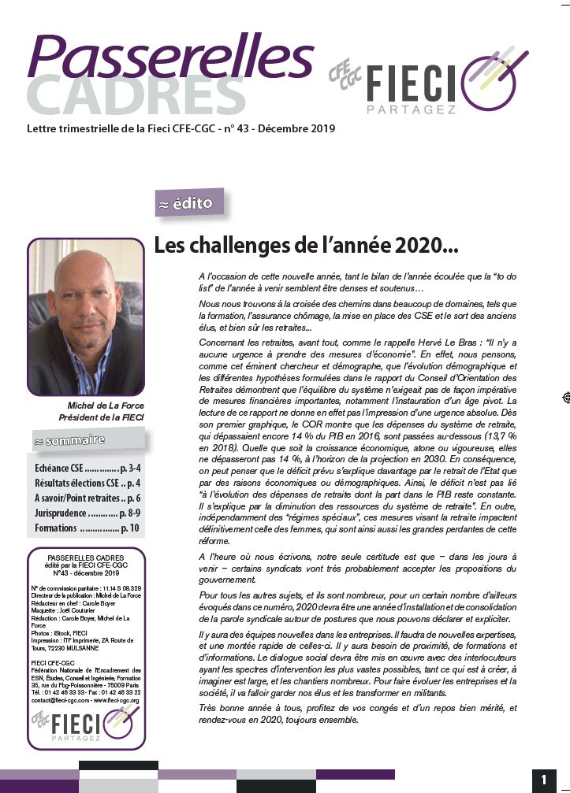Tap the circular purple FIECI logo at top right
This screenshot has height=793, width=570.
(x=497, y=78)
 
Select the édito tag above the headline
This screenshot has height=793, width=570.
(x=189, y=202)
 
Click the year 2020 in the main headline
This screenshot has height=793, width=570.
(x=415, y=246)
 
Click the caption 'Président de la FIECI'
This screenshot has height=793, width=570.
(x=101, y=417)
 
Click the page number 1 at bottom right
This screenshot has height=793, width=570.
(x=544, y=780)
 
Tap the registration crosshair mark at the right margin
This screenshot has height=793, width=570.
(x=564, y=398)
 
